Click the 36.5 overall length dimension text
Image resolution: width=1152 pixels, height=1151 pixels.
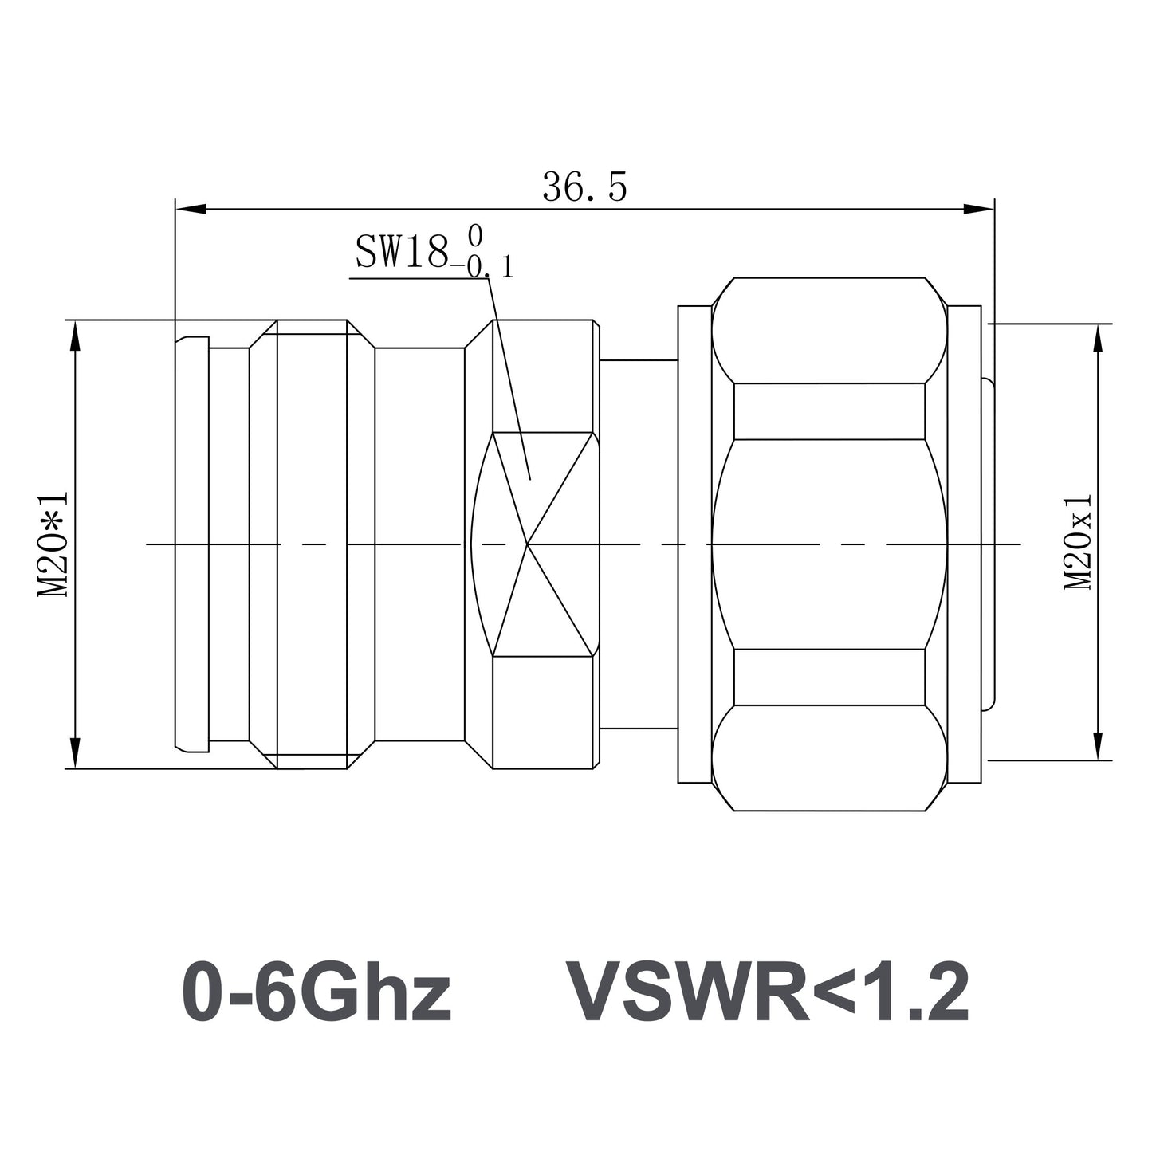tap(584, 188)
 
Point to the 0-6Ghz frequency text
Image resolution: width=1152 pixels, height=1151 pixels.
tap(317, 992)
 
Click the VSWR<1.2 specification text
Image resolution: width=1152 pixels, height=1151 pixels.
tap(767, 992)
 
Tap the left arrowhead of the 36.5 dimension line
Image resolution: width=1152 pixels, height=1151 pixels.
tap(190, 210)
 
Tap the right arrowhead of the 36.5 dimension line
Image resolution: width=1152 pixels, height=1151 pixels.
tap(980, 210)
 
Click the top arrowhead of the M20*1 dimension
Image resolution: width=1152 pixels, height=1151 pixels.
tap(76, 335)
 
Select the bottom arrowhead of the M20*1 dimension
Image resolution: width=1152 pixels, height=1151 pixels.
tap(76, 753)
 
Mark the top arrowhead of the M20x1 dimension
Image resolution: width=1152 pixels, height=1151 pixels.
tap(1099, 339)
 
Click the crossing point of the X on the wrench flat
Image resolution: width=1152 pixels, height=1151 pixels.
tap(527, 544)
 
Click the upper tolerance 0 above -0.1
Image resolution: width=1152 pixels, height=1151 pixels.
tap(475, 235)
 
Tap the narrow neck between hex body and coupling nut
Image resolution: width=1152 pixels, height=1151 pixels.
tap(638, 544)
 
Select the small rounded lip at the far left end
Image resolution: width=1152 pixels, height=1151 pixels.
tap(191, 544)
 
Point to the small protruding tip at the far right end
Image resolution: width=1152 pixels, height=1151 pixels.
tap(988, 544)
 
